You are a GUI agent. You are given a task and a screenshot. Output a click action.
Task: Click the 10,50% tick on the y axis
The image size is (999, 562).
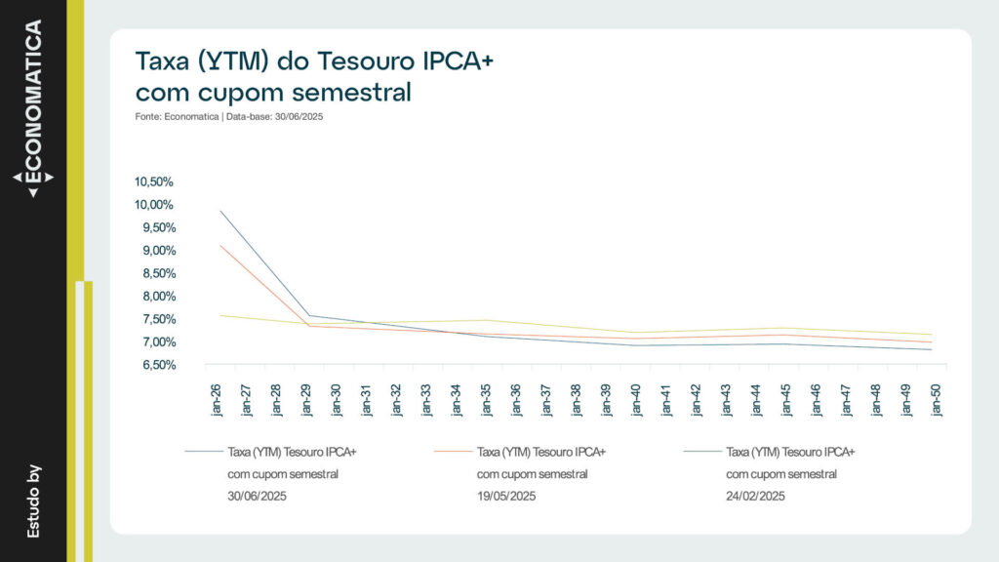click(154, 182)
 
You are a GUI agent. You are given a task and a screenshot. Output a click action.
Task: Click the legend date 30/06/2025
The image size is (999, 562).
click(257, 496)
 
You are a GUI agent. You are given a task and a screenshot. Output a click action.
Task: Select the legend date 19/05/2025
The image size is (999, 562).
click(506, 496)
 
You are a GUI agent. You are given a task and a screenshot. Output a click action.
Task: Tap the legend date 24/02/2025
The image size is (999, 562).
click(756, 496)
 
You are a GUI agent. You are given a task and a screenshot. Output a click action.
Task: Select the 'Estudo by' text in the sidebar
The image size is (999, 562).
click(33, 501)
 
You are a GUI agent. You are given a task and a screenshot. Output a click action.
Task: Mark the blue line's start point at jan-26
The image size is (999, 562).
click(220, 211)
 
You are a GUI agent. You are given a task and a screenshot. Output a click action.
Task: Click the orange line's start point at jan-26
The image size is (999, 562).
click(220, 245)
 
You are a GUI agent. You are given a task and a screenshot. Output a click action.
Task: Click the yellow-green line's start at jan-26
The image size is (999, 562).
click(220, 315)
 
